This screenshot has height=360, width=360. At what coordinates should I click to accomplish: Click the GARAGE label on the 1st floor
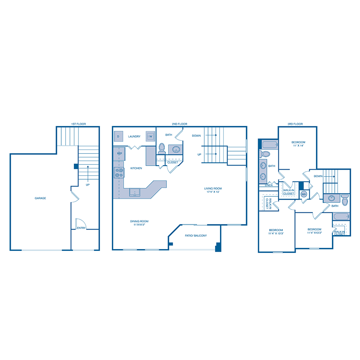click(x=40, y=198)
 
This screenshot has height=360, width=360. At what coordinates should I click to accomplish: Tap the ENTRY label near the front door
click(x=81, y=228)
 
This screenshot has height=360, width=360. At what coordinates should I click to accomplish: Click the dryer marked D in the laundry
click(x=118, y=136)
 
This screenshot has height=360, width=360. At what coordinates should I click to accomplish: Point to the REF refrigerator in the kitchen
click(x=120, y=154)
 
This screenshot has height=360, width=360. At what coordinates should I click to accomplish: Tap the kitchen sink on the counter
click(x=135, y=192)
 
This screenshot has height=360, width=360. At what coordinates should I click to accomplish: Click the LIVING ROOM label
click(x=213, y=188)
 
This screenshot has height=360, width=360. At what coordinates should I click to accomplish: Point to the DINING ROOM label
click(x=139, y=221)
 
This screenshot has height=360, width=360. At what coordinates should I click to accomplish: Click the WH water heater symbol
click(x=304, y=194)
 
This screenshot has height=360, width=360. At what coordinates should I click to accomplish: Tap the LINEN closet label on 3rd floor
click(x=268, y=185)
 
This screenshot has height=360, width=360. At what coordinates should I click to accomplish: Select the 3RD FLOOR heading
click(x=295, y=124)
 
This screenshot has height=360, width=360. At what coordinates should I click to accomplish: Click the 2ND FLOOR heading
click(x=180, y=124)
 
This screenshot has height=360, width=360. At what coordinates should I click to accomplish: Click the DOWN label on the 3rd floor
click(x=318, y=176)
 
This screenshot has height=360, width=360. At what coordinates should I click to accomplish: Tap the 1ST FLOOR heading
click(x=78, y=124)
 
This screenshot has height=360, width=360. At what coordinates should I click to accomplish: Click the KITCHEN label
click(x=136, y=168)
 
